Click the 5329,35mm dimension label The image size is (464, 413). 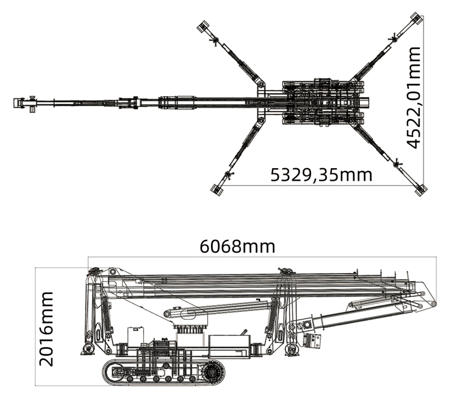tap(321, 174)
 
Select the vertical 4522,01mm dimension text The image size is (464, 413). tap(414, 97)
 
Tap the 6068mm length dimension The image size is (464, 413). tap(237, 246)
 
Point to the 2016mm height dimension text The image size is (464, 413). tap(46, 329)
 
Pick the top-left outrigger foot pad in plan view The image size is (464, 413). tap(203, 26)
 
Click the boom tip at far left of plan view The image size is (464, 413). tap(19, 103)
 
